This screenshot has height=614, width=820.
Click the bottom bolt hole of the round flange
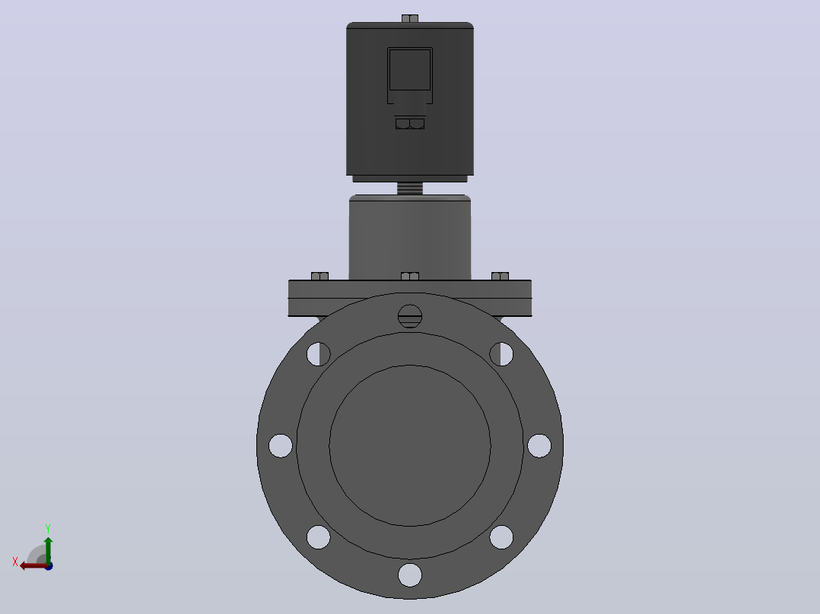point(409,574)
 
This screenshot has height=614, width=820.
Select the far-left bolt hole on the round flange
point(280,446)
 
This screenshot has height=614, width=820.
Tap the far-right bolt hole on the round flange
point(539,446)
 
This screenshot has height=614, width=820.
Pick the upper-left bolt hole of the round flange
point(319,354)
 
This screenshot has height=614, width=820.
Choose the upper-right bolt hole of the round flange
point(501,354)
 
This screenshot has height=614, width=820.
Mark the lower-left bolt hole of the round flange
point(319,537)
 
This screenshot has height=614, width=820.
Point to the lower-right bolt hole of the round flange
point(501,537)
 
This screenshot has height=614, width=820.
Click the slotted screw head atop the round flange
point(410,316)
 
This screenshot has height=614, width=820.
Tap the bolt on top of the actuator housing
point(410,19)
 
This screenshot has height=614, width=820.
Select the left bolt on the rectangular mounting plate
point(320,276)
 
